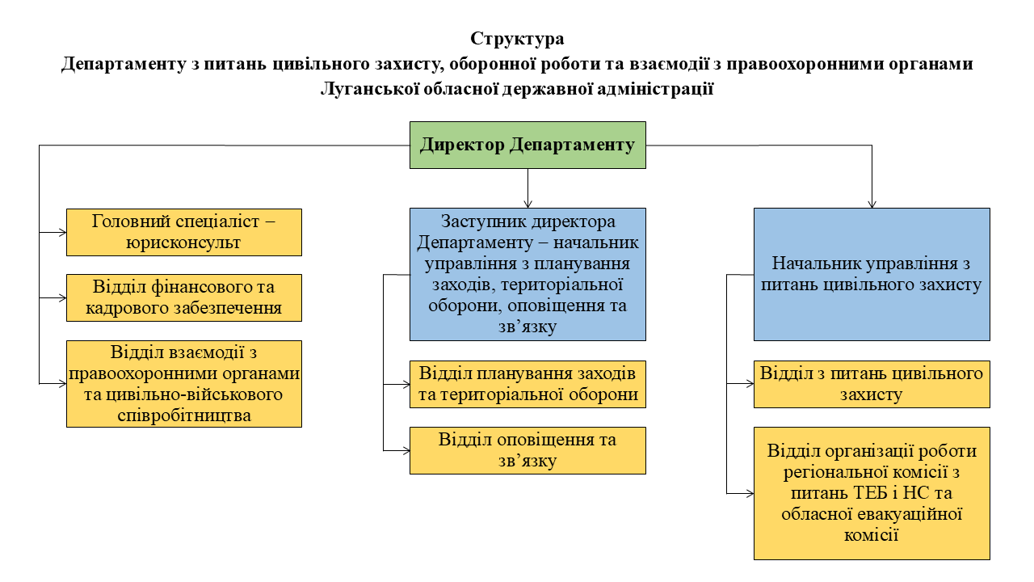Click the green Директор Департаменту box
(528, 145)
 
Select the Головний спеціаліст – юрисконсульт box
(184, 232)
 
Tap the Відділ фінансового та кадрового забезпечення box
(184, 297)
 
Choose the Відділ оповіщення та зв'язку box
(528, 450)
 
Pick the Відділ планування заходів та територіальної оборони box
(528, 384)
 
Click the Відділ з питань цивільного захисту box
(872, 384)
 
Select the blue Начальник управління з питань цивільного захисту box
(872, 274)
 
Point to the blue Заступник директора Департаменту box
(528, 274)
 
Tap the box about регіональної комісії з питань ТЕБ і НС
(872, 493)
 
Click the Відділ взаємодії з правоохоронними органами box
(184, 384)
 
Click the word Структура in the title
(517, 39)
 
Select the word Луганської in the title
(368, 89)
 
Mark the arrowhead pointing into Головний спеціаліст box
(62, 232)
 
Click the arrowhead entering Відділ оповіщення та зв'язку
(406, 450)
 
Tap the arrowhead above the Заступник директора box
(528, 204)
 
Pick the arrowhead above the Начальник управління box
(872, 204)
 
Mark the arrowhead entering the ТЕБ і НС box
(750, 493)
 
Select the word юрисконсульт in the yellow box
(184, 242)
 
